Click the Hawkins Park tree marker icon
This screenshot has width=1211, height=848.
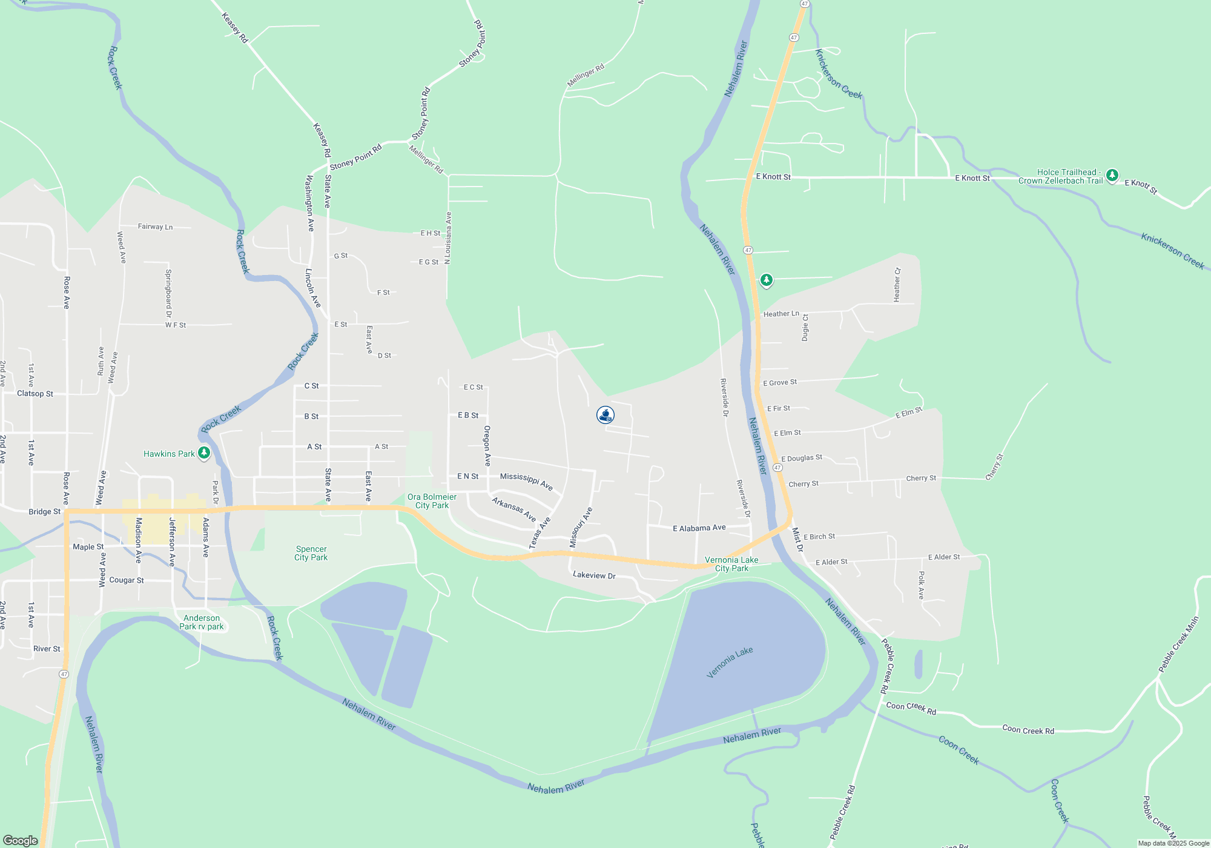(x=204, y=453)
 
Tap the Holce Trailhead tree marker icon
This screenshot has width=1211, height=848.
(x=1112, y=176)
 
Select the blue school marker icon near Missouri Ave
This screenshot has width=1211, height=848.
(x=605, y=415)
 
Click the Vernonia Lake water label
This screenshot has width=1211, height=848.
(x=730, y=662)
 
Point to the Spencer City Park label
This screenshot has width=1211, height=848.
(x=311, y=553)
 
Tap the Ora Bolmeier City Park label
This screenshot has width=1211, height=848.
(x=432, y=501)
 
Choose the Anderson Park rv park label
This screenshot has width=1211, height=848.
(x=202, y=622)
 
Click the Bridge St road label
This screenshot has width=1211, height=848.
(x=45, y=512)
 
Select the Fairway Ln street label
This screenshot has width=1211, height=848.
(x=155, y=227)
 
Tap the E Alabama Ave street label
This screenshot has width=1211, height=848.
(x=699, y=528)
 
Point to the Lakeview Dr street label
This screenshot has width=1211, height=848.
(x=594, y=575)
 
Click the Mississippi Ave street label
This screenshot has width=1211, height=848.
(x=526, y=481)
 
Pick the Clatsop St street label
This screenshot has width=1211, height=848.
(x=35, y=394)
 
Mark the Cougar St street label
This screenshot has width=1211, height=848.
(x=127, y=580)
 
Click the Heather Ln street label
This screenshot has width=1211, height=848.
(x=781, y=314)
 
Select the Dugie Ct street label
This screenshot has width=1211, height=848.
(x=805, y=327)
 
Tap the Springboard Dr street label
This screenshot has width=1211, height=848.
(x=168, y=293)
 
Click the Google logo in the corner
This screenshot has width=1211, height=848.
(x=21, y=840)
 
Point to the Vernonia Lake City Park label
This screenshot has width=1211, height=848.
(x=731, y=564)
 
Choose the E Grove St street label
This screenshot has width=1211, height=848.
(x=780, y=382)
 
